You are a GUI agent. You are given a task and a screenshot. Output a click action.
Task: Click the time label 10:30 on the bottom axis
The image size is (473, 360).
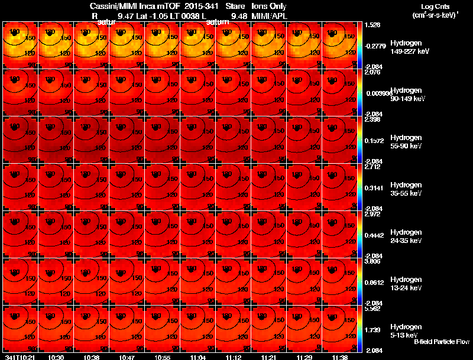(x=56, y=357)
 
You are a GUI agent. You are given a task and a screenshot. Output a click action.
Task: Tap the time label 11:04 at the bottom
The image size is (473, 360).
(x=198, y=357)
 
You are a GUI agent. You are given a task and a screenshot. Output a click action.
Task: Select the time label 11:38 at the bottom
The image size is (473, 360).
(x=340, y=357)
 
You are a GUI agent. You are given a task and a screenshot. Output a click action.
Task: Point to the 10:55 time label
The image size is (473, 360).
(x=163, y=357)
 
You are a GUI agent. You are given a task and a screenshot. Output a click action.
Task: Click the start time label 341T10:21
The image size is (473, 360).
(x=18, y=357)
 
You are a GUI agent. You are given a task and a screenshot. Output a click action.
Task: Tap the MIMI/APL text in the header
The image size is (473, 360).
(x=269, y=15)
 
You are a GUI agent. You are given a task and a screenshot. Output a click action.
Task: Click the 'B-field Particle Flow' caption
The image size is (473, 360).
(x=441, y=342)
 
